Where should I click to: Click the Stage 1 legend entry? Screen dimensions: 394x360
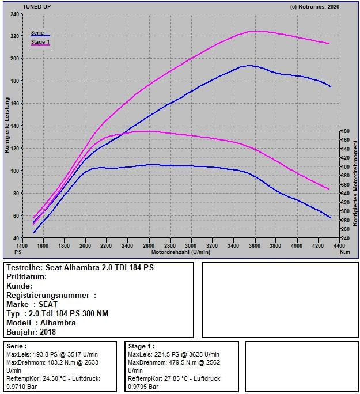[x=40, y=42]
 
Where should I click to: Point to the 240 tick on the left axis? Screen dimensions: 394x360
[x=14, y=13]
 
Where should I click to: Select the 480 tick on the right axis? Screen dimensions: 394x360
[x=344, y=131]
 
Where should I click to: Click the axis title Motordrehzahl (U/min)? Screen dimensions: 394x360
[x=181, y=252]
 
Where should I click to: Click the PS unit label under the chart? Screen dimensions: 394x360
[x=18, y=252]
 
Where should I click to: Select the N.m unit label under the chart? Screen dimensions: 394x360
[x=344, y=252]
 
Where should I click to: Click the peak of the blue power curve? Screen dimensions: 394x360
[x=248, y=66]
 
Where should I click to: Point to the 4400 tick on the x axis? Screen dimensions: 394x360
[x=338, y=245]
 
